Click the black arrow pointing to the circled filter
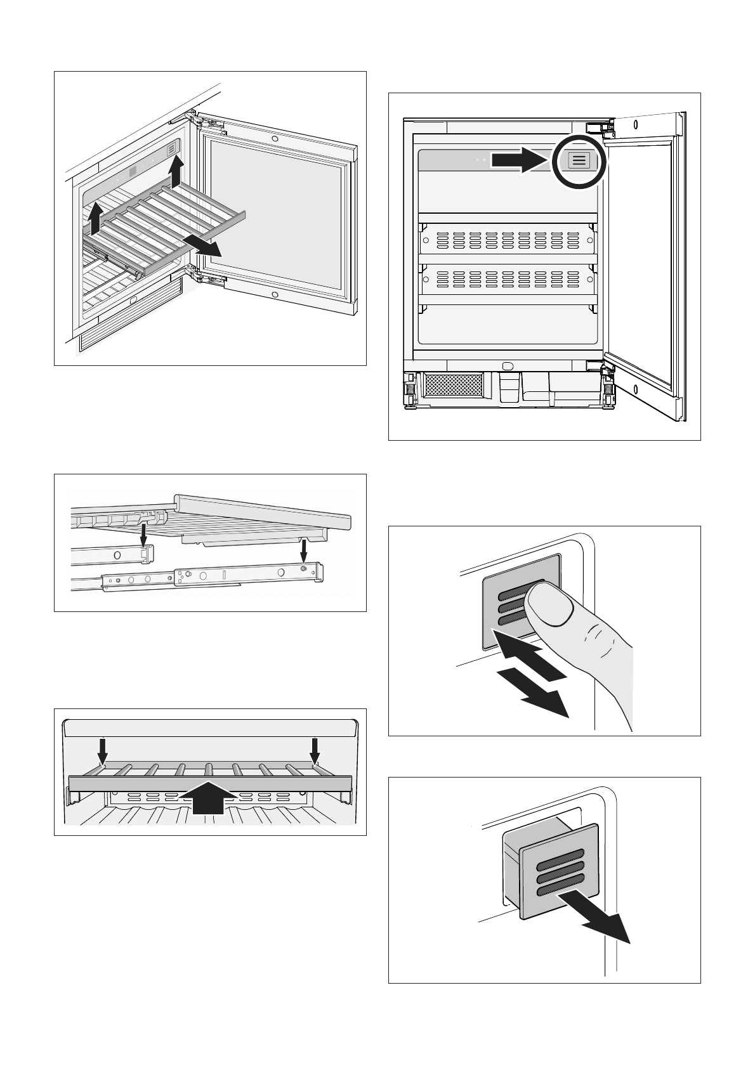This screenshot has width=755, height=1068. click(x=520, y=160)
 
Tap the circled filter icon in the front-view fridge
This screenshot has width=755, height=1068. click(x=579, y=160)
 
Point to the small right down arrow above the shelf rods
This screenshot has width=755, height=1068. click(x=315, y=752)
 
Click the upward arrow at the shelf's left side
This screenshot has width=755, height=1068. click(x=94, y=219)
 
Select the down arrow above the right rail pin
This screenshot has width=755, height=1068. click(x=306, y=550)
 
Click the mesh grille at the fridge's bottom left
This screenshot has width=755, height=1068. click(x=454, y=385)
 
